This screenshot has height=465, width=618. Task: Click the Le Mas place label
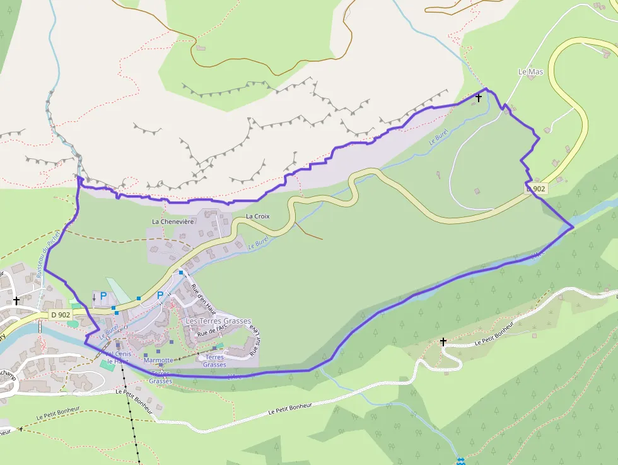(530, 72)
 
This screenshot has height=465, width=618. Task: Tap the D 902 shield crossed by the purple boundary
(536, 189)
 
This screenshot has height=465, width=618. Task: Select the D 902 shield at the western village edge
(61, 314)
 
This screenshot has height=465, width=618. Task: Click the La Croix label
(257, 216)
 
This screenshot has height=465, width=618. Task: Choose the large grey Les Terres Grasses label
(218, 321)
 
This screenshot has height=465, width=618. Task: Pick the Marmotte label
(158, 360)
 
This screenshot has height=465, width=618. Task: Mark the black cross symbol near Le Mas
(479, 98)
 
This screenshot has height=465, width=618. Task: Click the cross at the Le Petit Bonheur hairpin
(443, 342)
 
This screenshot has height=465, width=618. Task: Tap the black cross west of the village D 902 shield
(16, 302)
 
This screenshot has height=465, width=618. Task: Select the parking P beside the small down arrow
(103, 295)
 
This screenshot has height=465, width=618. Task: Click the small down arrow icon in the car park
(95, 297)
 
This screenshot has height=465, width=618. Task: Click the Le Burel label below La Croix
(259, 243)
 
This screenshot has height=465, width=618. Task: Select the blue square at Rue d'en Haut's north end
(181, 273)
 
